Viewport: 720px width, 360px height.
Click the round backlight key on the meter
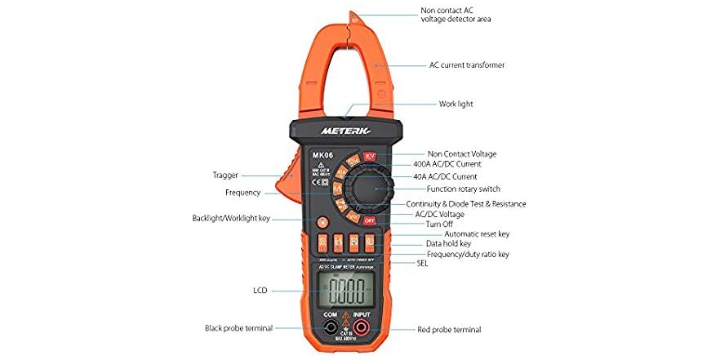click(x=323, y=221)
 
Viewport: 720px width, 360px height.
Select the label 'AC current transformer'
click(x=467, y=64)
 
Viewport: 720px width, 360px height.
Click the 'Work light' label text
click(x=456, y=104)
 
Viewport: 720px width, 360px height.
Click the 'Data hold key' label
click(x=448, y=243)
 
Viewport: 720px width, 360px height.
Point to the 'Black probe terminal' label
click(x=236, y=328)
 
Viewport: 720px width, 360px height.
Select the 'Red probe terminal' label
click(x=448, y=330)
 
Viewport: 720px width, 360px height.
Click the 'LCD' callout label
click(x=260, y=290)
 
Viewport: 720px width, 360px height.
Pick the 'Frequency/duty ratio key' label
click(x=468, y=254)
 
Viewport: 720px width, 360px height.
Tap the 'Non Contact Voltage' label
click(x=462, y=153)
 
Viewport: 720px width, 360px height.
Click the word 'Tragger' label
click(x=225, y=175)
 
